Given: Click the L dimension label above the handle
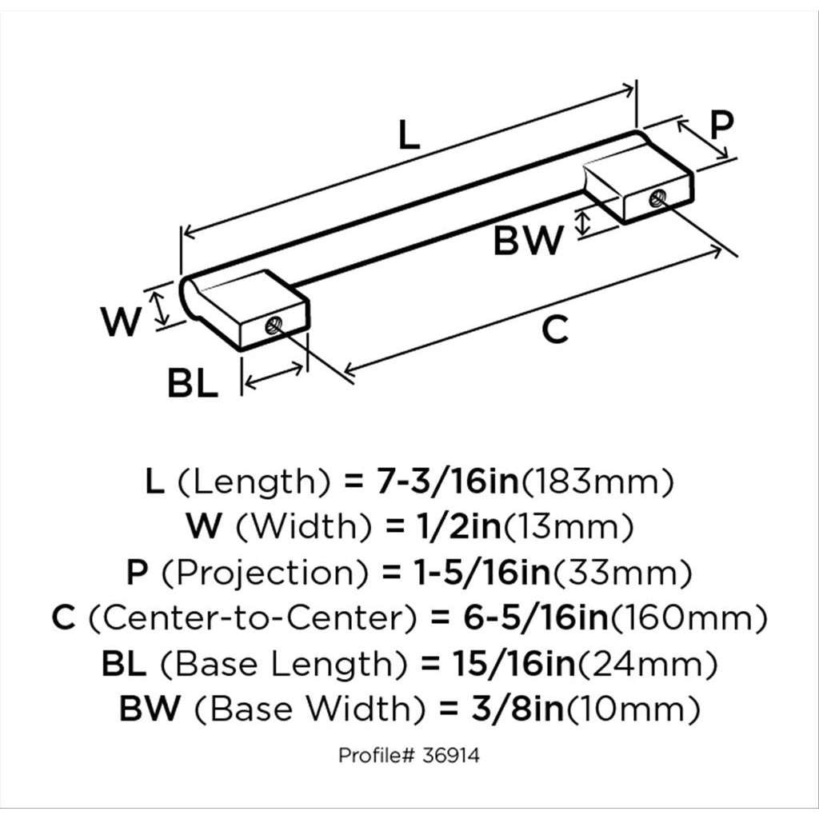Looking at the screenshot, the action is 409,135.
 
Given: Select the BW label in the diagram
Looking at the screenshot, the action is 528,240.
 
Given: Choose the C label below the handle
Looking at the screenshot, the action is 554,330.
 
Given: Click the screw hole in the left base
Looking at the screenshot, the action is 274,326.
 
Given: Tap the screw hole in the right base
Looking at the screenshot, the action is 657,198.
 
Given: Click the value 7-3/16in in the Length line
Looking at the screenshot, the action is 448,481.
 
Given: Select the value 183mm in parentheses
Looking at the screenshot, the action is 597,482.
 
